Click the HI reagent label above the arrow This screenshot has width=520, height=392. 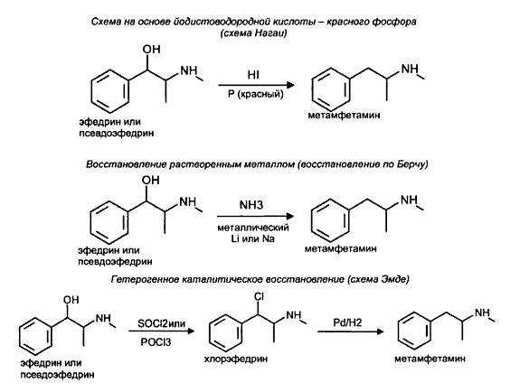pyautogui.click(x=253, y=75)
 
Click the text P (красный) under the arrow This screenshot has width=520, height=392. pyautogui.click(x=256, y=95)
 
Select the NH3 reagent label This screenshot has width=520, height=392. pyautogui.click(x=251, y=205)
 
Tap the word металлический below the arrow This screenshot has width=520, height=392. pyautogui.click(x=253, y=228)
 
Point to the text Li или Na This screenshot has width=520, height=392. pyautogui.click(x=253, y=238)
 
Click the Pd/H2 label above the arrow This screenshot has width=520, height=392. pyautogui.click(x=347, y=322)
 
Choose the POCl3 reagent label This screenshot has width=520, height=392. pyautogui.click(x=156, y=341)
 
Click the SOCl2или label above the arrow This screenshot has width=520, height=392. pyautogui.click(x=162, y=322)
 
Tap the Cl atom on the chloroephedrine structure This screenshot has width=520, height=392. pyautogui.click(x=259, y=297)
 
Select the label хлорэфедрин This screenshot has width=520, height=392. pyautogui.click(x=236, y=359)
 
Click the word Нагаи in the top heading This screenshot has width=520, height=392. pyautogui.click(x=269, y=33)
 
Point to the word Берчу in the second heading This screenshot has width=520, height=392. pyautogui.click(x=411, y=164)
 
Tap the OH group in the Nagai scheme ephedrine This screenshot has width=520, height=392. pyautogui.click(x=151, y=50)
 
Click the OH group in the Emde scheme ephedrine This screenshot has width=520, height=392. pyautogui.click(x=71, y=300)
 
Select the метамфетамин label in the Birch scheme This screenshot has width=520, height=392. pyautogui.click(x=341, y=248)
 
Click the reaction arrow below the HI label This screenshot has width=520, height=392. pyautogui.click(x=256, y=85)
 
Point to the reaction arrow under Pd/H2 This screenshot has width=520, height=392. pyautogui.click(x=351, y=331)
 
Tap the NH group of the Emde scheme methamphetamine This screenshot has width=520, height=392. pyautogui.click(x=482, y=313)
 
